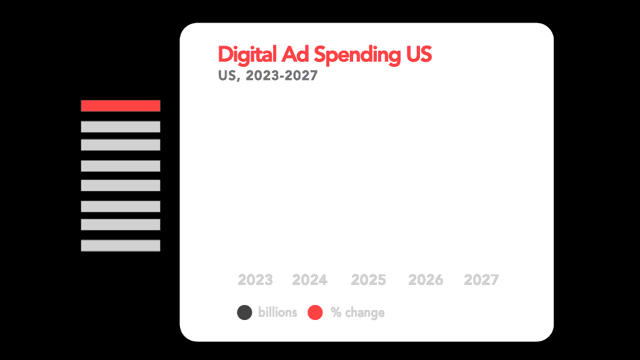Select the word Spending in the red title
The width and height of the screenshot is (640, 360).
[356, 55]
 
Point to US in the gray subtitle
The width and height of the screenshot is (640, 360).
[227, 76]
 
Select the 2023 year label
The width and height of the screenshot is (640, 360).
[255, 280]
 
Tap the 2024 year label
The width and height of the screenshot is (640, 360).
[309, 280]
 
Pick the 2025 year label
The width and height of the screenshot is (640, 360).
[368, 280]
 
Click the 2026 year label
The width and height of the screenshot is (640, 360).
[426, 280]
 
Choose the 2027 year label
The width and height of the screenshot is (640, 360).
[481, 280]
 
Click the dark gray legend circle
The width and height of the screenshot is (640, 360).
[244, 312]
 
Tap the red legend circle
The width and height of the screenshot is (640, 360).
[316, 312]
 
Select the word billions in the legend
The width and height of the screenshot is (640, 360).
[277, 312]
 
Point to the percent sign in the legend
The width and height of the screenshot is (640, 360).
[336, 312]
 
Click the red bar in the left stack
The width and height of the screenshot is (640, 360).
[121, 106]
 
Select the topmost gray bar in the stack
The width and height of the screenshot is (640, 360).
[121, 127]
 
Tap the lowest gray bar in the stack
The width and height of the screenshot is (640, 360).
[121, 246]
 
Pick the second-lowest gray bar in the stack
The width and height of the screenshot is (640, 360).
[121, 224]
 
